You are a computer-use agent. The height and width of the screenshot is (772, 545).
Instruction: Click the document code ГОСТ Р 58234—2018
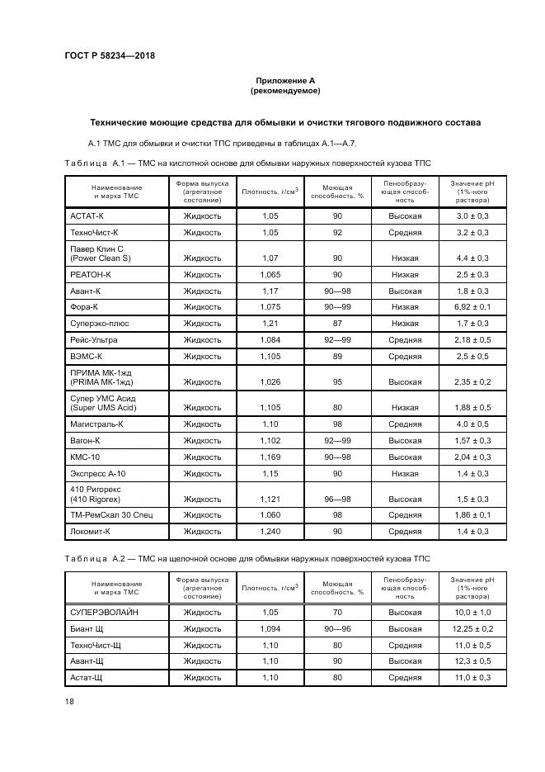click(110, 56)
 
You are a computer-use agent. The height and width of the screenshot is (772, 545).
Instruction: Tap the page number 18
click(69, 701)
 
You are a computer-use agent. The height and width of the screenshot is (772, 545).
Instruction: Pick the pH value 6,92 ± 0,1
click(472, 307)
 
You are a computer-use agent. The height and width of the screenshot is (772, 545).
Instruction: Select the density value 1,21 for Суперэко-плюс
click(270, 323)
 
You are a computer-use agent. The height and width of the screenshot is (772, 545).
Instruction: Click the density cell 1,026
click(270, 382)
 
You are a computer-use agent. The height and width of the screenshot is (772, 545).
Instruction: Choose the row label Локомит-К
click(92, 533)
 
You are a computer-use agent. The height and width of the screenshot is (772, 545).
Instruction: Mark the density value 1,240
click(270, 533)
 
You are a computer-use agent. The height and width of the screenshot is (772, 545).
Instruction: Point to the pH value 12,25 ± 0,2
click(472, 629)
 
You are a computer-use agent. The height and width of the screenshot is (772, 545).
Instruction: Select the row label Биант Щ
click(89, 629)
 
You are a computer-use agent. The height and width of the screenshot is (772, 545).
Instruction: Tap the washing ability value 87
click(337, 323)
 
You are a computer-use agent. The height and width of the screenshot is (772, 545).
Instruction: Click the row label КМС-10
click(86, 457)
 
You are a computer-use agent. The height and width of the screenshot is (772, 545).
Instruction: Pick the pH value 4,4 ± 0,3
click(472, 258)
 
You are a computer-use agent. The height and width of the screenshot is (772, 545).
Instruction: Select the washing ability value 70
click(337, 613)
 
